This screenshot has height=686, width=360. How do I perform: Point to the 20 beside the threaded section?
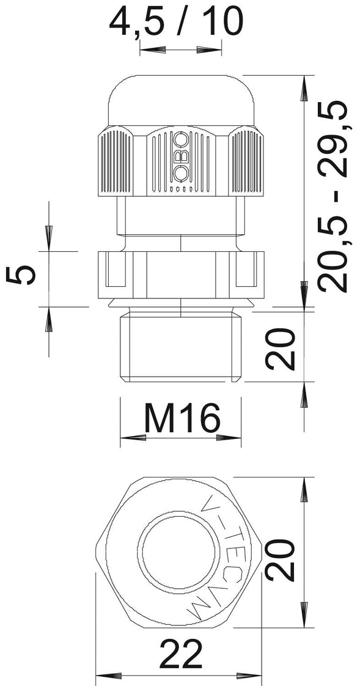click(x=280, y=349)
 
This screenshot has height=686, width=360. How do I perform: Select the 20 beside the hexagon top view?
click(x=280, y=559)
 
